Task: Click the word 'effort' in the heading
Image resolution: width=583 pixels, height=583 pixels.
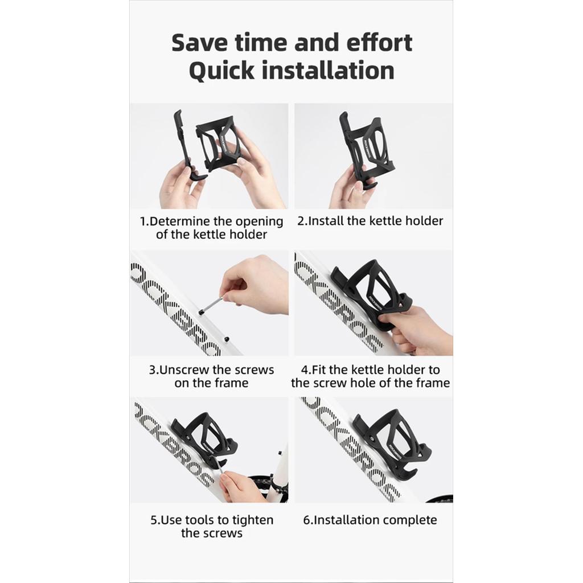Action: [x=379, y=42]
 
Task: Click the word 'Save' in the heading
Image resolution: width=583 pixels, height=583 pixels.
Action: [x=199, y=42]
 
